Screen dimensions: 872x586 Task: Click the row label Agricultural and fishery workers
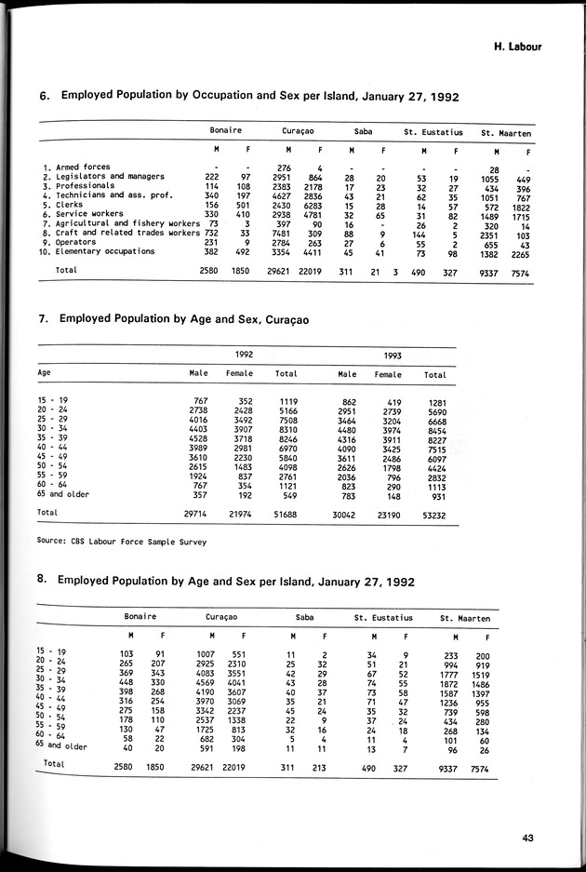pos(127,224)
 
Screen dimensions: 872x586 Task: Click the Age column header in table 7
pos(44,373)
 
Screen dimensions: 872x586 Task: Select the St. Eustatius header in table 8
pos(383,617)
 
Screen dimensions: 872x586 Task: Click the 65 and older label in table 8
pos(62,745)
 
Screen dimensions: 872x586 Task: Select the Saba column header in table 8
pos(303,617)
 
